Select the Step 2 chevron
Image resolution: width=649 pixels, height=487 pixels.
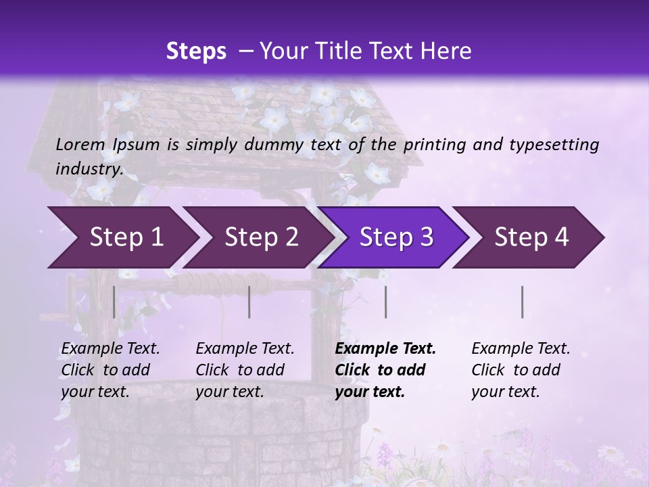[x=261, y=237]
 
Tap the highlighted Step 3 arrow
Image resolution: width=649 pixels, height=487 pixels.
[x=396, y=237]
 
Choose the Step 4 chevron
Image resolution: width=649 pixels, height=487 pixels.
[x=531, y=237]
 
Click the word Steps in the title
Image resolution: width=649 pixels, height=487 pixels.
[x=196, y=51]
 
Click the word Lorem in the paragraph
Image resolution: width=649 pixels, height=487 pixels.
[x=80, y=144]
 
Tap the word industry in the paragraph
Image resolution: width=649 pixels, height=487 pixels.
[x=89, y=168]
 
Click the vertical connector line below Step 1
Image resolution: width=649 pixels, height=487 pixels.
[x=114, y=302]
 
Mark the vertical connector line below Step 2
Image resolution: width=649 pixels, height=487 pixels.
[x=249, y=302]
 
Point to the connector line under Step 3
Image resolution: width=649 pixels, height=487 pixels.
[x=385, y=302]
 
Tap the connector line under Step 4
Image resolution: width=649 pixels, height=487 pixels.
[x=523, y=302]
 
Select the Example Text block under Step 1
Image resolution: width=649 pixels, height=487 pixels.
[x=110, y=370]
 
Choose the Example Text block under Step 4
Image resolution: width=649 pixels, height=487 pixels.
[x=521, y=370]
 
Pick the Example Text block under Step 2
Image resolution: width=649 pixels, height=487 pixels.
[x=245, y=370]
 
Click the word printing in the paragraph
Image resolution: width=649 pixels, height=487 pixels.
[x=434, y=144]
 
